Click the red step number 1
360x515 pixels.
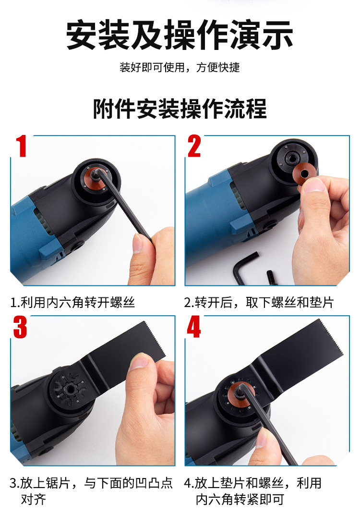pyautogui.click(x=21, y=146)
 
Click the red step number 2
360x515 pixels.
pyautogui.click(x=194, y=146)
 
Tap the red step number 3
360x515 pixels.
pyautogui.click(x=20, y=327)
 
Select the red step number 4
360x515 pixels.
pyautogui.click(x=193, y=327)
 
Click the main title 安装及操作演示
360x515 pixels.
pyautogui.click(x=180, y=35)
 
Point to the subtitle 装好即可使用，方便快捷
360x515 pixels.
pyautogui.click(x=180, y=67)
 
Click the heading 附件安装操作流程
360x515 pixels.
pyautogui.click(x=180, y=109)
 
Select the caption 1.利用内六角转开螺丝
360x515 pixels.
pyautogui.click(x=72, y=302)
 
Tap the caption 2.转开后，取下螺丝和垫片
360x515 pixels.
pyautogui.click(x=259, y=302)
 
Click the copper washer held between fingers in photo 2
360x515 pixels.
pyautogui.click(x=301, y=172)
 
